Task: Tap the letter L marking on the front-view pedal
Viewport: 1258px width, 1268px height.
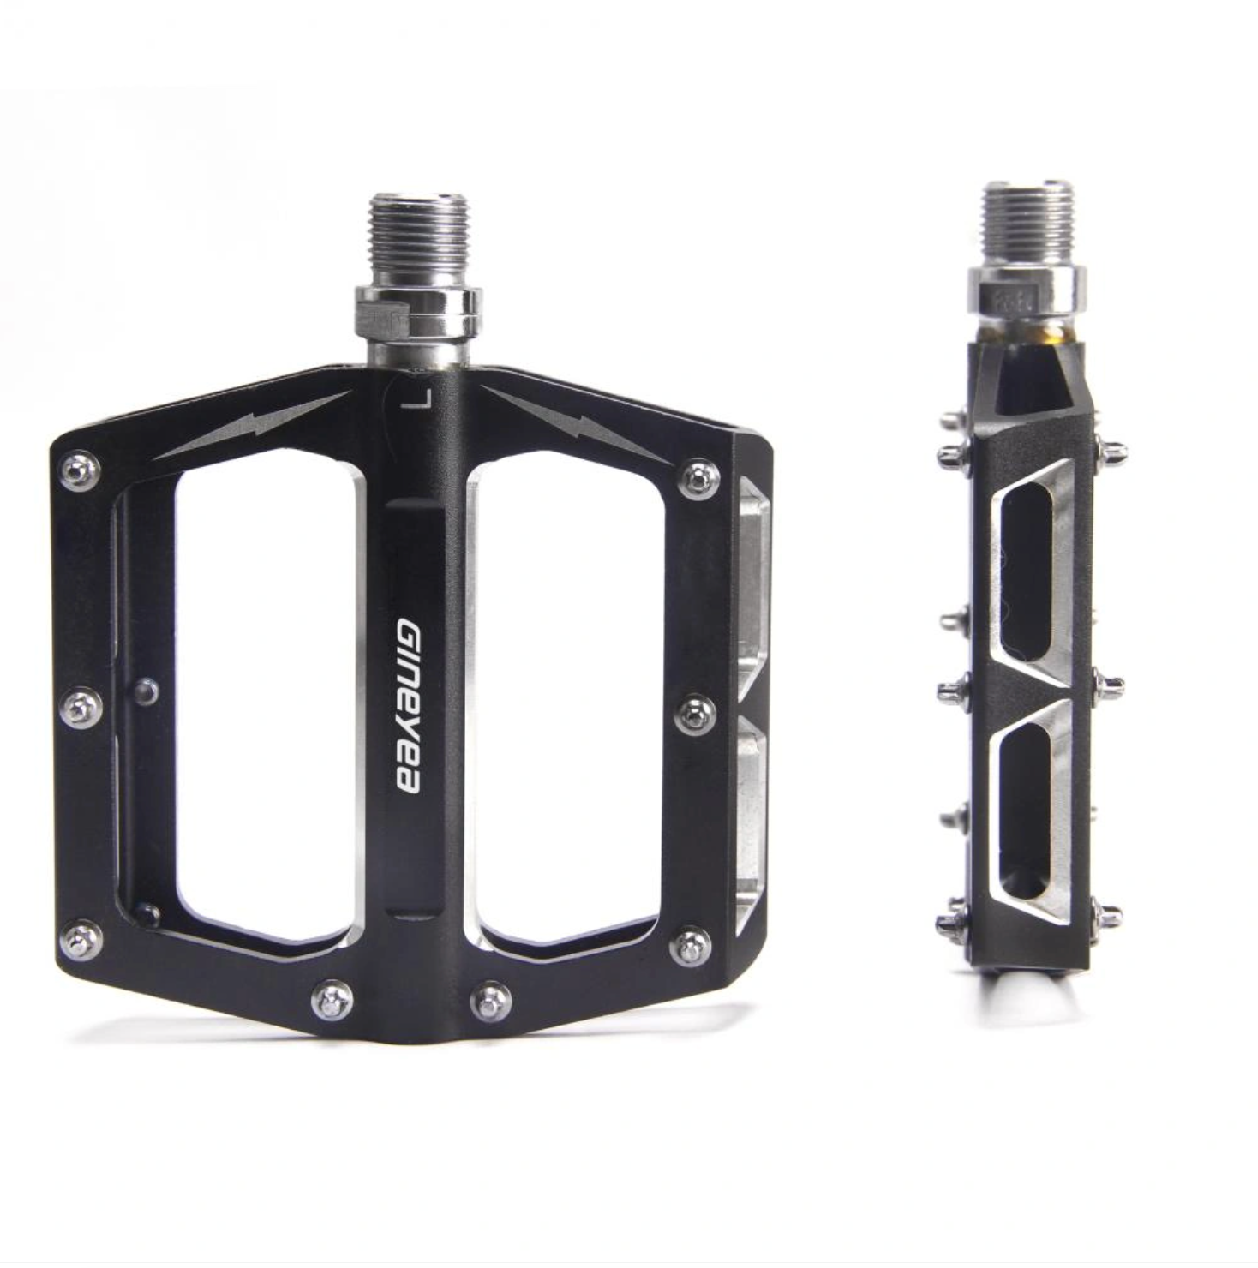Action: (x=419, y=400)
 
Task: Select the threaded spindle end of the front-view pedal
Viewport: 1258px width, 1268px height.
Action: (x=414, y=239)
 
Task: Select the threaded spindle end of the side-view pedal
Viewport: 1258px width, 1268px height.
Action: (x=1026, y=223)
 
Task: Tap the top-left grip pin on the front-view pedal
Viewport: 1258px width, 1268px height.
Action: (x=80, y=471)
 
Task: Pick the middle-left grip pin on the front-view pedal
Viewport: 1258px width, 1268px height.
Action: (x=82, y=708)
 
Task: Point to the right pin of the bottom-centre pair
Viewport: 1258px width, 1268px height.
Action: (x=491, y=1000)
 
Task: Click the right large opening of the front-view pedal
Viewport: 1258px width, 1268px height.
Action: (x=566, y=698)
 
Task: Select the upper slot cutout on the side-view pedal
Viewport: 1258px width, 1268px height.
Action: (x=1027, y=570)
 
